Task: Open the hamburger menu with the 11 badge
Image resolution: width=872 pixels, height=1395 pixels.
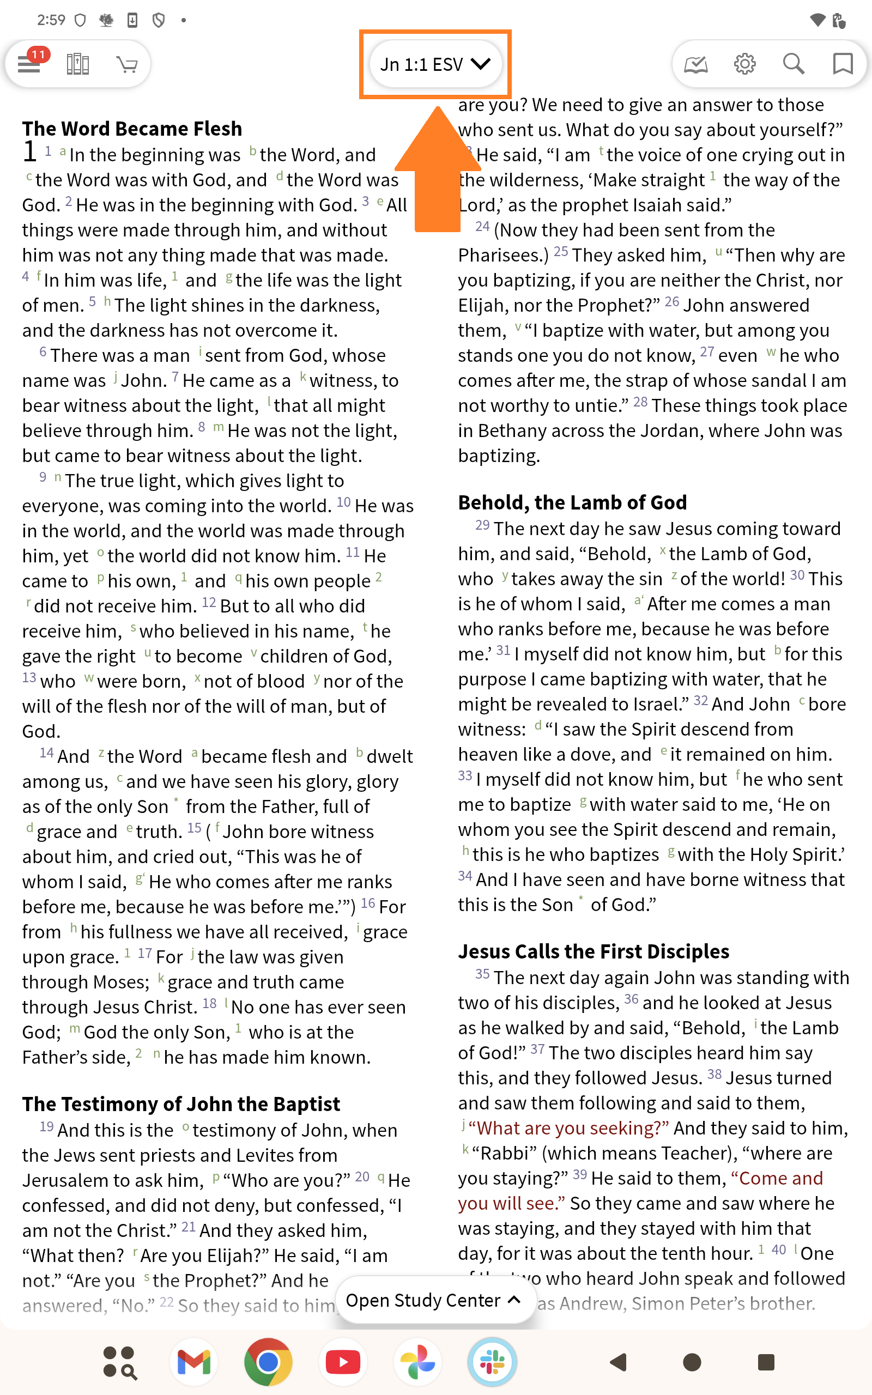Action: [29, 64]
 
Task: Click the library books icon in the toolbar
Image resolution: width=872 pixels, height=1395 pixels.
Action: [78, 64]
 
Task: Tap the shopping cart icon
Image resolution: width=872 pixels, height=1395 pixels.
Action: [127, 64]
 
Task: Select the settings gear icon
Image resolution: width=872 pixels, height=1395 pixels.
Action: [744, 64]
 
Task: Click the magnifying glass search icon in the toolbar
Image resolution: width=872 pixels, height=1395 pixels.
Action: [794, 64]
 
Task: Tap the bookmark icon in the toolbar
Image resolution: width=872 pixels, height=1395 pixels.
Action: [843, 64]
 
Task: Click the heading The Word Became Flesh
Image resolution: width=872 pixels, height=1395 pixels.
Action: [132, 129]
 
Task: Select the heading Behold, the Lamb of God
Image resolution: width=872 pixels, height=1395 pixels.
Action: [572, 502]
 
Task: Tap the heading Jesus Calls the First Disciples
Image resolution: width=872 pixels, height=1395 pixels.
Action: [594, 951]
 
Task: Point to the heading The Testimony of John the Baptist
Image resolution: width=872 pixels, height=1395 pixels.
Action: [181, 1104]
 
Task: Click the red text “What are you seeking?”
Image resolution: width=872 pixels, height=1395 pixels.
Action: [568, 1128]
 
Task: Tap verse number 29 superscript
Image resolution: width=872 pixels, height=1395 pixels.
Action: [482, 525]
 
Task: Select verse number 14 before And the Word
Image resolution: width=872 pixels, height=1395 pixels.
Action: [47, 753]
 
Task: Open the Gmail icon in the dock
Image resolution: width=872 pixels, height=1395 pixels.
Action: [194, 1362]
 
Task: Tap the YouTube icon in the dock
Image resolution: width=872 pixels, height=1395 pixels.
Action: [343, 1362]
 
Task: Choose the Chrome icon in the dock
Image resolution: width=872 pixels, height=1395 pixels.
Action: [268, 1362]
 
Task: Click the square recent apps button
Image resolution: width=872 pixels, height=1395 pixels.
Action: [766, 1362]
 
